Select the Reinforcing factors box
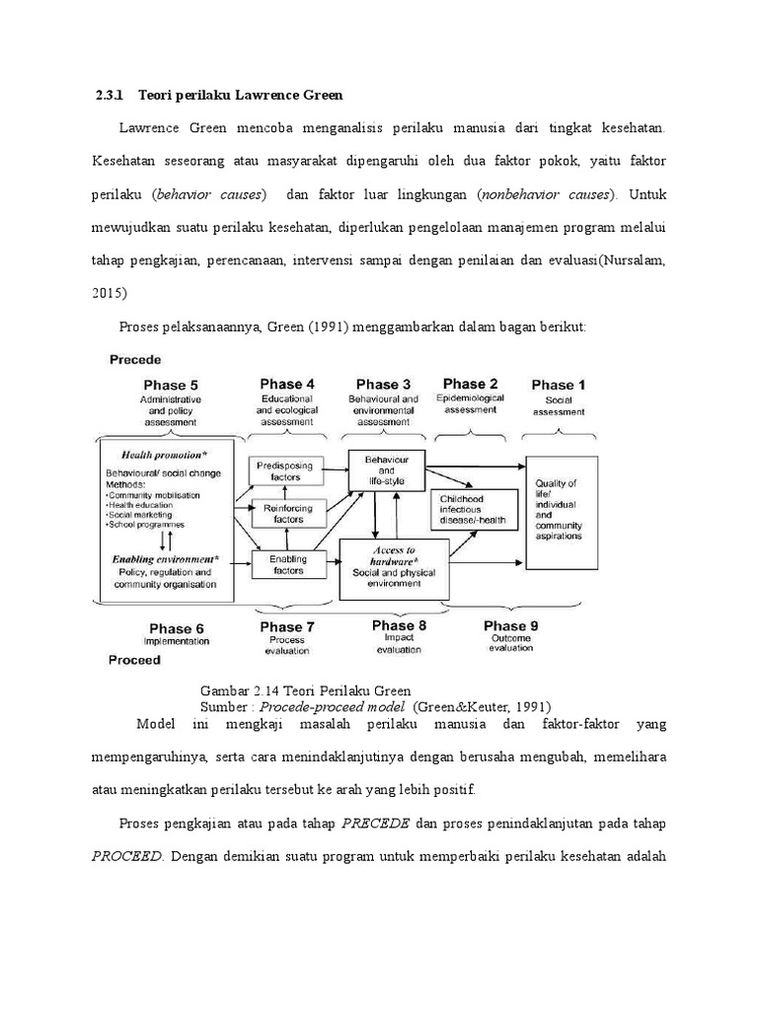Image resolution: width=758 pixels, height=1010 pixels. tap(282, 514)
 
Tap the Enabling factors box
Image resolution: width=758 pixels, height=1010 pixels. tap(282, 564)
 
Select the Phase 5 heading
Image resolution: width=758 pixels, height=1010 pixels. tap(172, 385)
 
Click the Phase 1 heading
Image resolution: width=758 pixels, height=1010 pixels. tap(559, 385)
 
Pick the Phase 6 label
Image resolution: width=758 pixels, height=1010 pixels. tap(177, 628)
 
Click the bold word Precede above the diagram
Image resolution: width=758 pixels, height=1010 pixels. tap(135, 359)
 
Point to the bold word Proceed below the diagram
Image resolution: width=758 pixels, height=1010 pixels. tap(135, 660)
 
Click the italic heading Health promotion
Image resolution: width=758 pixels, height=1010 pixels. tap(164, 455)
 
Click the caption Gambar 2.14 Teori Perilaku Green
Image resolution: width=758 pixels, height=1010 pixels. tap(305, 690)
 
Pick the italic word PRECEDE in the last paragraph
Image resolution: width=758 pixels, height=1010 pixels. tap(368, 822)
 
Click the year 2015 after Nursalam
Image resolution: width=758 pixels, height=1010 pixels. tap(109, 293)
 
